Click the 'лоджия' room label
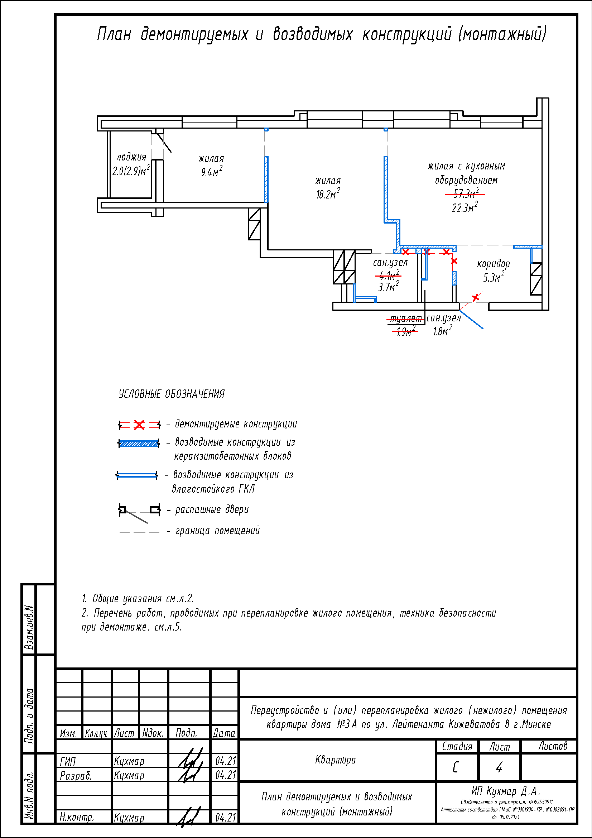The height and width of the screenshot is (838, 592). (131, 157)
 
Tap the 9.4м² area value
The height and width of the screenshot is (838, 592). (212, 172)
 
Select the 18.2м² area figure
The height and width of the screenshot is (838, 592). (328, 194)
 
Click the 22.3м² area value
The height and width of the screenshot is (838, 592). (465, 208)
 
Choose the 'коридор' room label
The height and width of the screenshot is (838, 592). (493, 264)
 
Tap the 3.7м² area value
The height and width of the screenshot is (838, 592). (388, 287)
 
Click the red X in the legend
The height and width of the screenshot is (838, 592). (139, 425)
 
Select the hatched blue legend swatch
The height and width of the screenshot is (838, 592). (139, 444)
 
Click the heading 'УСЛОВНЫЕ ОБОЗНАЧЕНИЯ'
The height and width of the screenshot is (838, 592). (172, 394)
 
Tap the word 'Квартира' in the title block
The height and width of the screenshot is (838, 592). (335, 760)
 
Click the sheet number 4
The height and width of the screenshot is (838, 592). (499, 767)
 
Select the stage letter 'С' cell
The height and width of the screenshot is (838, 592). (456, 767)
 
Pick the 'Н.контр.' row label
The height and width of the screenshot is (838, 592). (77, 817)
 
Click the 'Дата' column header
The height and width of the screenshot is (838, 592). (224, 733)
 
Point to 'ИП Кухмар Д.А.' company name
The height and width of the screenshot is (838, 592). (506, 791)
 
